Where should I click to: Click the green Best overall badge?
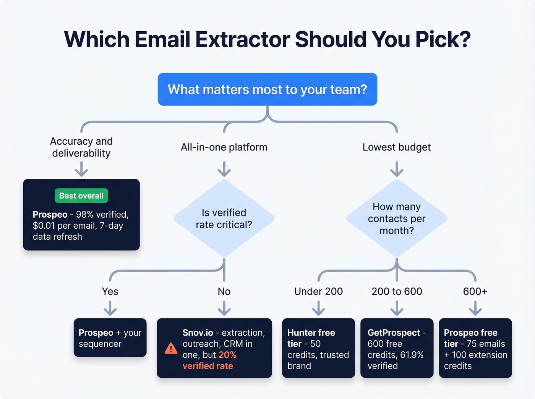tap(81, 195)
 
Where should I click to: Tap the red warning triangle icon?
tap(170, 349)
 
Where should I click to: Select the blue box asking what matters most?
tap(267, 89)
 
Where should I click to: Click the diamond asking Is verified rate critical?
tap(224, 218)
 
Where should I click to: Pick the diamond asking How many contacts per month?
tap(397, 218)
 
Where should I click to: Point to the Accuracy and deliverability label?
tap(81, 147)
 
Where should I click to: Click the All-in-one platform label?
tap(224, 147)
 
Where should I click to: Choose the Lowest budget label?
tap(397, 147)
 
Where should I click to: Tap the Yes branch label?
tap(110, 291)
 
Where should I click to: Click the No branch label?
tap(224, 291)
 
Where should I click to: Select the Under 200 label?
tap(318, 291)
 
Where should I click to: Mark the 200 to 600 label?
tap(397, 291)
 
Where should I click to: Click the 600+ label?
tap(475, 291)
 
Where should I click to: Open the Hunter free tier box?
tap(318, 348)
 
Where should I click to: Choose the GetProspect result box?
tap(397, 348)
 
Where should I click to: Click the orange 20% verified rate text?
tap(209, 360)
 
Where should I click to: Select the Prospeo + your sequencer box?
tap(110, 338)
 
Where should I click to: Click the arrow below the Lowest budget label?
tap(397, 169)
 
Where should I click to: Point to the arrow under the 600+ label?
tap(475, 308)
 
